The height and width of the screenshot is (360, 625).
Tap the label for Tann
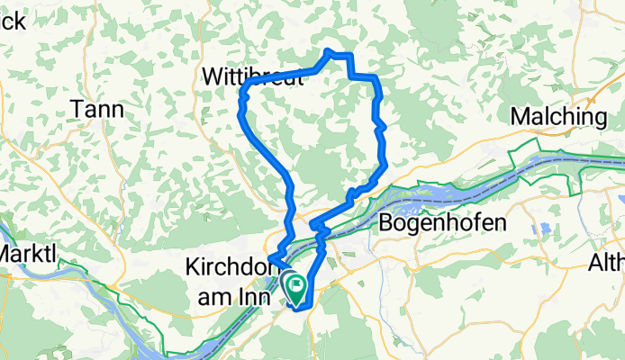coord(97,109)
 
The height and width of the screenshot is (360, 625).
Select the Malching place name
coord(558,116)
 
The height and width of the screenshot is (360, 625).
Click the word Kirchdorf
coord(231,267)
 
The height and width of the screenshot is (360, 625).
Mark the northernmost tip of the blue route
coord(330,51)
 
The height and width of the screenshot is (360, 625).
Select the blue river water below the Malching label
coord(558,163)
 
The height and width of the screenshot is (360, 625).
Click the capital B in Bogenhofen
coord(388,222)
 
